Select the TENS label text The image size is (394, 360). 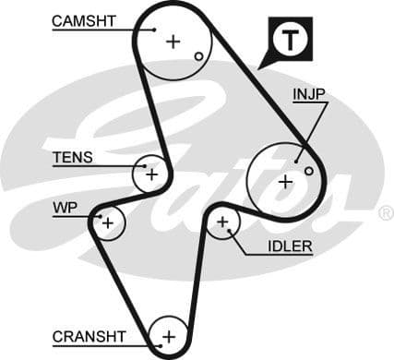tap(72, 157)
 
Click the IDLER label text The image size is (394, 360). tap(289, 246)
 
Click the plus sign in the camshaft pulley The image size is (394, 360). tap(173, 41)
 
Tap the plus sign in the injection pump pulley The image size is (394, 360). tap(285, 181)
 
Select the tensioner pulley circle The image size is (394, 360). tap(151, 173)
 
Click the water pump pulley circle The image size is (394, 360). tap(109, 222)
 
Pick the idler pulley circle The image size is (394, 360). tap(222, 222)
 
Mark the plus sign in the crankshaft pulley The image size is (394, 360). tap(168, 335)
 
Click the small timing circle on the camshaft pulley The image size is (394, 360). tap(198, 56)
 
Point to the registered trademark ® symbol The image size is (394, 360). tap(386, 213)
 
